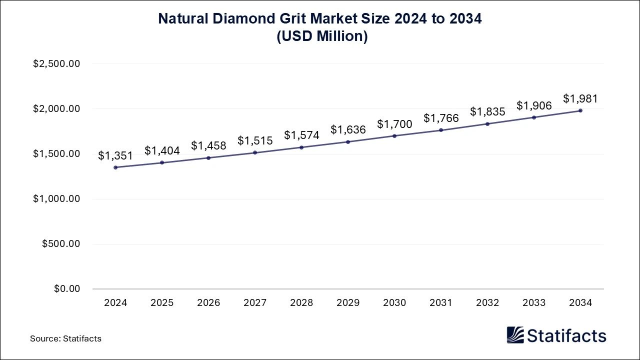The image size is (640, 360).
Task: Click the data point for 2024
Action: [115, 167]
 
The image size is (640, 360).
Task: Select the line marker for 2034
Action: [580, 110]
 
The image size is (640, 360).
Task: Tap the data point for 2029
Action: [348, 142]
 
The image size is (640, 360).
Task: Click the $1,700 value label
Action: [394, 124]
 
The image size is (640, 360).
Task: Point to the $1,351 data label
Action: [115, 156]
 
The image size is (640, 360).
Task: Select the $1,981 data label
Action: [580, 99]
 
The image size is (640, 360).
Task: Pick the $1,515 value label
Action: [255, 141]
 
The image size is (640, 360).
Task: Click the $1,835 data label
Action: [487, 112]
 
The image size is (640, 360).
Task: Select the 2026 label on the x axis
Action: [208, 303]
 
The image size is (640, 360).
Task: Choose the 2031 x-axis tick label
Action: [441, 303]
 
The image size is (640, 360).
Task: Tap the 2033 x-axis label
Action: [534, 303]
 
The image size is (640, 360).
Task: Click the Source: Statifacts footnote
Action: [65, 338]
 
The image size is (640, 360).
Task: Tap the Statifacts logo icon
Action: [515, 335]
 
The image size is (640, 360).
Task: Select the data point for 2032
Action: [487, 124]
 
